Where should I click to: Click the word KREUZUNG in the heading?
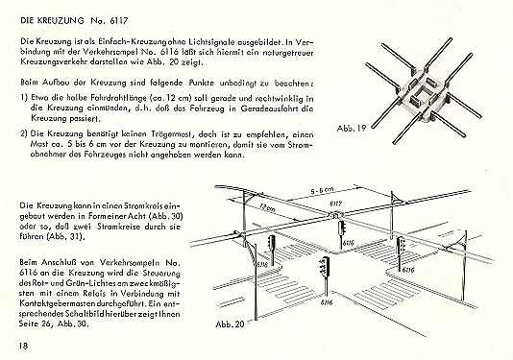coord(61,20)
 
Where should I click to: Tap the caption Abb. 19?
coord(352,128)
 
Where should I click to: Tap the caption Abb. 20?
coord(230,324)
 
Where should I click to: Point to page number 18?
coord(24,346)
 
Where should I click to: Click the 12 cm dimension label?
coord(267,207)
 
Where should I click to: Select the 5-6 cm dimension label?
coord(322,191)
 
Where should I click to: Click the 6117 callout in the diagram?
coord(334,204)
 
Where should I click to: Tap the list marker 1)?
coord(24,98)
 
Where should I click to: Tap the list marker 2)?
coord(24,134)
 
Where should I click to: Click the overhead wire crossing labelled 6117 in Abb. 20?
coord(334,215)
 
